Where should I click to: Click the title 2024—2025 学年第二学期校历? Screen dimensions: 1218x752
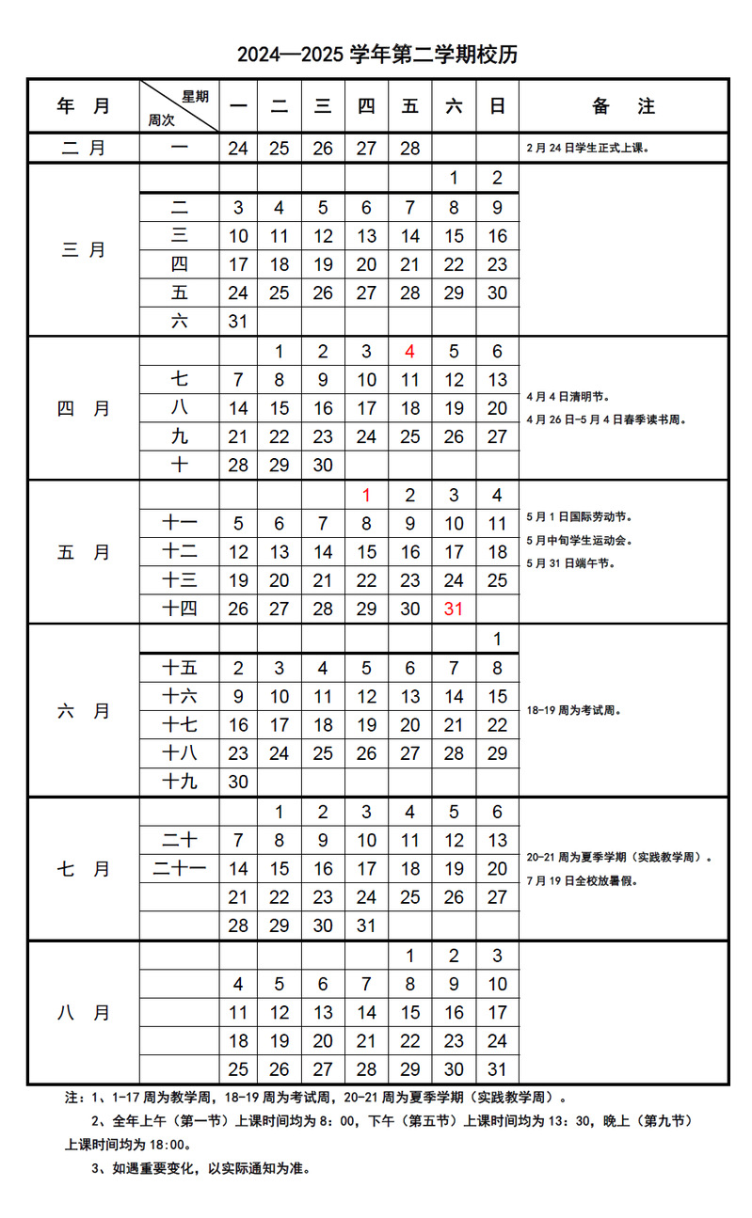376,55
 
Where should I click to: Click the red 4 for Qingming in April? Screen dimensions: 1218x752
409,352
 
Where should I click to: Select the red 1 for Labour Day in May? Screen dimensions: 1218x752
366,496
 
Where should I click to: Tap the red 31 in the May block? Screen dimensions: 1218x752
454,609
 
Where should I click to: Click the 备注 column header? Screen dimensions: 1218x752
623,106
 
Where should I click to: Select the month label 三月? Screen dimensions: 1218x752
84,250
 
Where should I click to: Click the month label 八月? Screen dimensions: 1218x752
84,1013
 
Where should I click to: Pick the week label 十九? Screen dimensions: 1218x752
179,782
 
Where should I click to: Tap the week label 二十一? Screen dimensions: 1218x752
179,869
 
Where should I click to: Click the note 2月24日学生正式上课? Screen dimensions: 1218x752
589,149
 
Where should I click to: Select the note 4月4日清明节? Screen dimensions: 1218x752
570,397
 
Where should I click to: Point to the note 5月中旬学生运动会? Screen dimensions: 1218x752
580,541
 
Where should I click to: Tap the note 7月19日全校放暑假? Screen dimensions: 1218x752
585,881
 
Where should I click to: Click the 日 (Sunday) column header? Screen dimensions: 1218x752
497,106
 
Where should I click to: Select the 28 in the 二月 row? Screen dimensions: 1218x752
409,149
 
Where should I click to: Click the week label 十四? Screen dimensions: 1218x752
179,609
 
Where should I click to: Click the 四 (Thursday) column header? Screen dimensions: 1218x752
366,106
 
